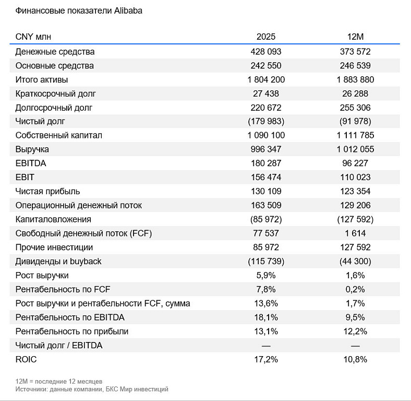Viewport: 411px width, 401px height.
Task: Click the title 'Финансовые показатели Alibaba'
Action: point(79,10)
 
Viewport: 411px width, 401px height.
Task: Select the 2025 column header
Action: point(266,37)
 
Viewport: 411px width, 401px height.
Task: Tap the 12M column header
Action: point(355,37)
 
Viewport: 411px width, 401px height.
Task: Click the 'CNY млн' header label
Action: point(33,37)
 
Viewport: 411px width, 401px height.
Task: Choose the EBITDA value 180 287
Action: point(266,163)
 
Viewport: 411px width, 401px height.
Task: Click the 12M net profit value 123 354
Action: point(355,192)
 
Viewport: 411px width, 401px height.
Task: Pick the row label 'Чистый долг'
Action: point(40,122)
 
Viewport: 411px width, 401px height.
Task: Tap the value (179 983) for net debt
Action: point(266,122)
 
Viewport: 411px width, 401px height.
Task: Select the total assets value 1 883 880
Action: point(355,80)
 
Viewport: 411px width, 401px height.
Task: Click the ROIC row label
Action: point(26,359)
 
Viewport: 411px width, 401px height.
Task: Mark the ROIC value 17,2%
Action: point(266,359)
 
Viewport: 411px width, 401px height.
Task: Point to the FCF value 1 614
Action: point(355,233)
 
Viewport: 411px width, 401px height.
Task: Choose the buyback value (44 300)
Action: point(355,262)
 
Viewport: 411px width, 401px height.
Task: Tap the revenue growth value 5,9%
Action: point(266,275)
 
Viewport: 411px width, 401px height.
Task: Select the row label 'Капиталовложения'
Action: point(53,219)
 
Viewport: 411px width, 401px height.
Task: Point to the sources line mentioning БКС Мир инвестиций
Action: point(92,389)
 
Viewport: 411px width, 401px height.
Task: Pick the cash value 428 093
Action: point(266,52)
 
